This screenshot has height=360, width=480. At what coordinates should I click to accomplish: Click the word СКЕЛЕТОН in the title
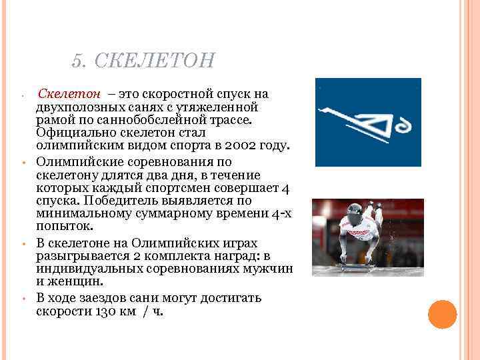point(155,61)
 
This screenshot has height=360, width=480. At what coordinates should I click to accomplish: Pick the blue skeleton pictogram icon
point(367,122)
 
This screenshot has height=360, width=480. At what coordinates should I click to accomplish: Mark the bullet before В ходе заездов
point(23,299)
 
